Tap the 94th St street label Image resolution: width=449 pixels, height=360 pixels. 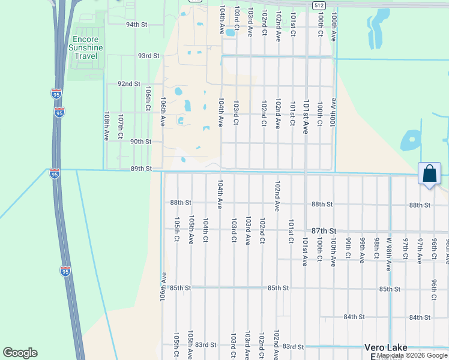point(136,25)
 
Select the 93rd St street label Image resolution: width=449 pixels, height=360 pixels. point(148,55)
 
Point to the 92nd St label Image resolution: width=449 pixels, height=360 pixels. point(128,84)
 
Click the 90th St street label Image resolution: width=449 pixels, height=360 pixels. point(140,142)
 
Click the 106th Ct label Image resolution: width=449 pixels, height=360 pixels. point(148,97)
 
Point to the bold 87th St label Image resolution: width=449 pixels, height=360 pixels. point(324,230)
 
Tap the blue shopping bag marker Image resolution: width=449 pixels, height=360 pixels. point(429,174)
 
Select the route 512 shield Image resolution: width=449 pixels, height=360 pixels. point(318,5)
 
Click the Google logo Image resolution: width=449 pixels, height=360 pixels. point(20,353)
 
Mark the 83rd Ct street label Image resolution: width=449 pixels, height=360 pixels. point(205,344)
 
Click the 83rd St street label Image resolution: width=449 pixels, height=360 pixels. point(293,347)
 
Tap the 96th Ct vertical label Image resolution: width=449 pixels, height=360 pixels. point(433,289)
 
